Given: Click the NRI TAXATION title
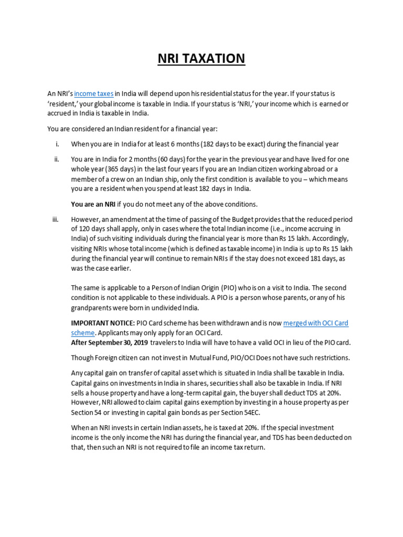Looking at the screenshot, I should click(x=201, y=58).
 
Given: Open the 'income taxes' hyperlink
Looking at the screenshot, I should click(x=94, y=94).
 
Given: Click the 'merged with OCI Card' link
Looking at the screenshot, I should click(x=315, y=324).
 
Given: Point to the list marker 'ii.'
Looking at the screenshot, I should click(x=56, y=159).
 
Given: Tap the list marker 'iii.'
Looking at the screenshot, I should click(x=56, y=219).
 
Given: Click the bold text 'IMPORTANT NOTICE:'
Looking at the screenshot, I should click(x=103, y=324).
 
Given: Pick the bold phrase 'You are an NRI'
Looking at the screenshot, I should click(x=93, y=204).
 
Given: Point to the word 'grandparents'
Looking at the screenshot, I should click(x=91, y=308).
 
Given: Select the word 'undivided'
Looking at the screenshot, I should click(x=167, y=308).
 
